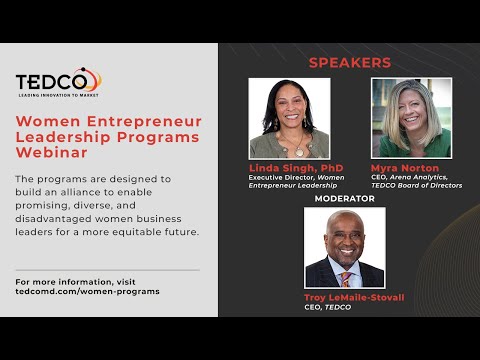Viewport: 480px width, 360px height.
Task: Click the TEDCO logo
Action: (x=59, y=82)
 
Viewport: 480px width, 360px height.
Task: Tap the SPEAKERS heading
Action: (x=350, y=63)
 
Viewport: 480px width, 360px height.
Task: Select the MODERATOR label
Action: (x=345, y=198)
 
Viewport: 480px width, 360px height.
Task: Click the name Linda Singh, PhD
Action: (x=296, y=168)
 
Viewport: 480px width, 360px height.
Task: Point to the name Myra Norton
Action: (x=405, y=168)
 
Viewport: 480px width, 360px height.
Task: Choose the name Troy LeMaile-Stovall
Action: (x=354, y=297)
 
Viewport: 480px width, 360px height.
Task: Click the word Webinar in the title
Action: (x=52, y=153)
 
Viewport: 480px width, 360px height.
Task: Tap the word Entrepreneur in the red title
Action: (x=144, y=122)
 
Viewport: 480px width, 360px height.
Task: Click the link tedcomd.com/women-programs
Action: (x=87, y=291)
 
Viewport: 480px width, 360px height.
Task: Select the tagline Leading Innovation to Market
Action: (x=58, y=95)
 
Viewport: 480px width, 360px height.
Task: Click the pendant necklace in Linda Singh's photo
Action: (x=299, y=152)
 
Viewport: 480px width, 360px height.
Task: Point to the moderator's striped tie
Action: (x=346, y=279)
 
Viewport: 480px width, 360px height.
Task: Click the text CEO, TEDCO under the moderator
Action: (x=327, y=307)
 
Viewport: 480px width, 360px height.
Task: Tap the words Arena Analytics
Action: (x=418, y=177)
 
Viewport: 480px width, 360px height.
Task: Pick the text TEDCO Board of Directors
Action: (x=417, y=185)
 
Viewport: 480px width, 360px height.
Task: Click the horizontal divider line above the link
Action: (x=107, y=270)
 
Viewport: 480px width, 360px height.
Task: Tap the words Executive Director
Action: (x=281, y=177)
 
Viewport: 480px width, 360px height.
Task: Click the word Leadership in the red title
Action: (x=63, y=137)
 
